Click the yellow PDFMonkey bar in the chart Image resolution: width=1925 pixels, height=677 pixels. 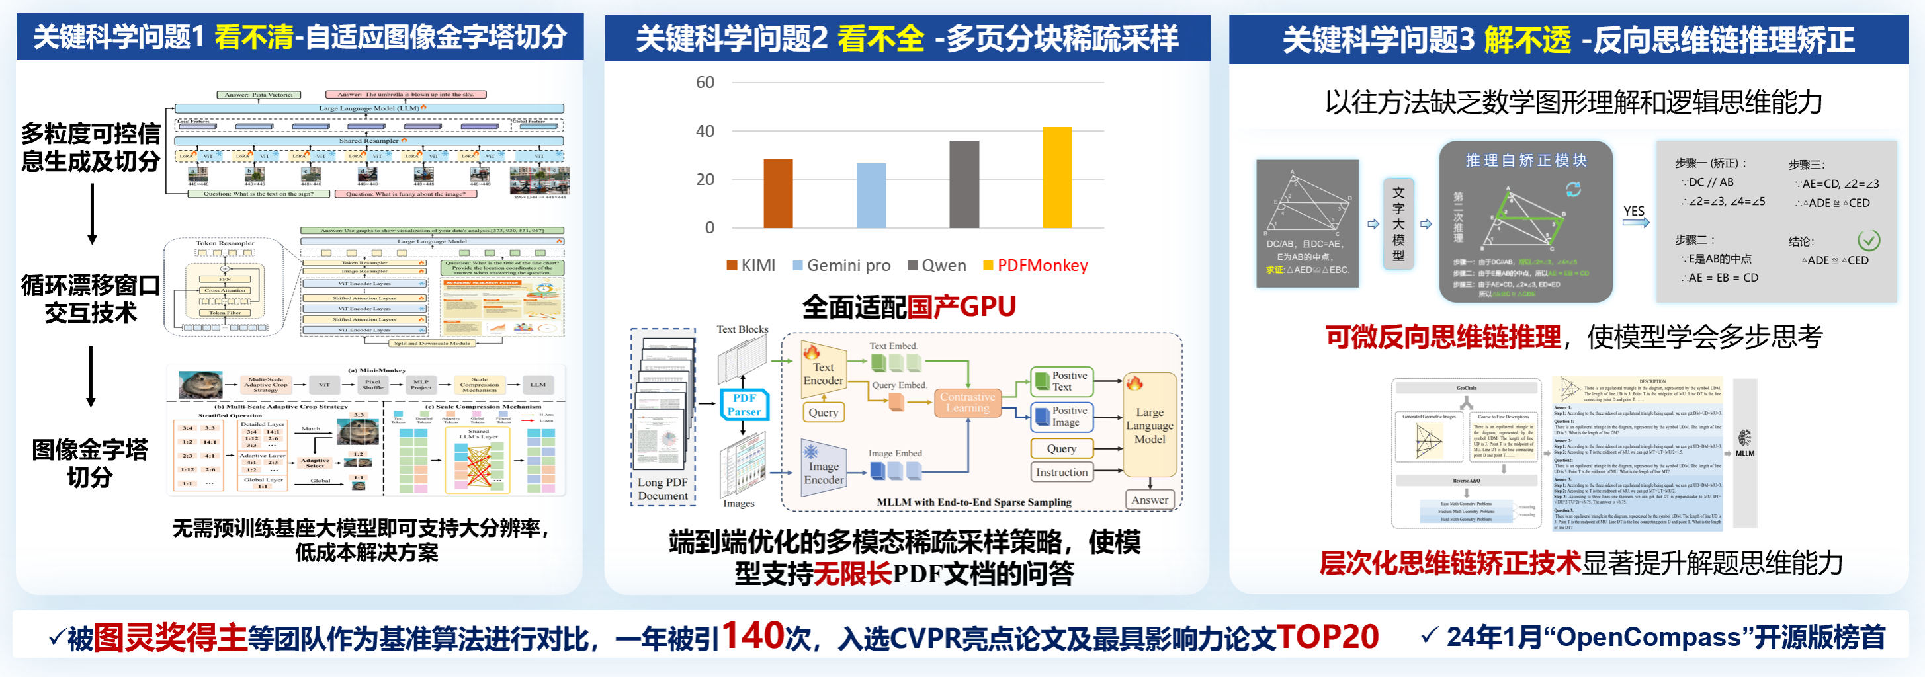click(x=1056, y=177)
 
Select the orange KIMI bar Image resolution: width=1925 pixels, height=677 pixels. click(x=778, y=194)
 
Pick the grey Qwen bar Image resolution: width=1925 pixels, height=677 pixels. click(x=964, y=184)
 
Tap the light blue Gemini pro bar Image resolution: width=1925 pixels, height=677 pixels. click(x=871, y=195)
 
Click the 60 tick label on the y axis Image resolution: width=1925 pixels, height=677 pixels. click(x=705, y=82)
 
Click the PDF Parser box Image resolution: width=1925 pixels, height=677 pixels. click(x=744, y=404)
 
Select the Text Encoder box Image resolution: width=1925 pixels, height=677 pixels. click(x=823, y=373)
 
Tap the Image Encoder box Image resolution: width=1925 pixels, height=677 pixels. click(x=824, y=471)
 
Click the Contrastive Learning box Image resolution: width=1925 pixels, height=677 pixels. click(x=967, y=402)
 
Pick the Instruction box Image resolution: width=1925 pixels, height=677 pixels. click(x=1061, y=472)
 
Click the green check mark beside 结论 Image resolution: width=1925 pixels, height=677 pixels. click(x=1868, y=240)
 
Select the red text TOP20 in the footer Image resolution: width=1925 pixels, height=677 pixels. click(x=1327, y=637)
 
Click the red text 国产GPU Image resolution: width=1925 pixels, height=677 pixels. click(x=961, y=306)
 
